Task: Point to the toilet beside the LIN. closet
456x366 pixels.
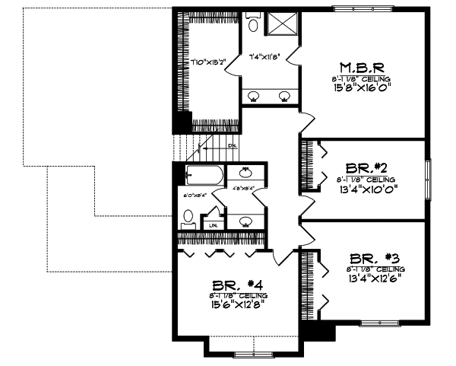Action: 188,218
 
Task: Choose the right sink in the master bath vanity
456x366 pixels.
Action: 284,96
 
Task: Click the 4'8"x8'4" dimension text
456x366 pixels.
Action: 243,187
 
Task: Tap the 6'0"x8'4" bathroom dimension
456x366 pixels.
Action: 195,196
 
